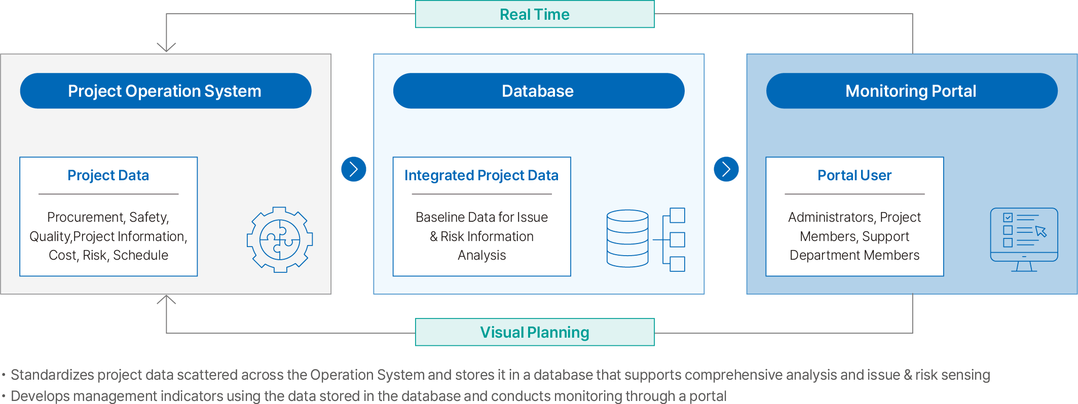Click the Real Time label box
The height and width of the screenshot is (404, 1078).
tap(535, 14)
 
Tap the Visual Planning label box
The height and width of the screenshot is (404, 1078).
tap(535, 332)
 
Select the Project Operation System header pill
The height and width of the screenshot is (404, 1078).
tap(166, 91)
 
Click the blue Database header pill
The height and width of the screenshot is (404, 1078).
tap(539, 91)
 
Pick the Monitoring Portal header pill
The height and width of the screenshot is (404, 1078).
tap(912, 91)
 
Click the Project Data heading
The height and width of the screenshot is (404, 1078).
tap(108, 175)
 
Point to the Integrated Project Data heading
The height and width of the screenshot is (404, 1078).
tap(481, 175)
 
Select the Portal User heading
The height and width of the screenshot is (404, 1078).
tap(854, 175)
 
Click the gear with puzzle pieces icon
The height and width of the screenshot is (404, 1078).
tap(280, 239)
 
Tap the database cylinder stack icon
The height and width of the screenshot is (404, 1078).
tap(627, 238)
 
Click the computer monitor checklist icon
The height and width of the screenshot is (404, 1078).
tap(1024, 239)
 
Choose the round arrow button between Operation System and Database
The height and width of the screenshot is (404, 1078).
tap(354, 169)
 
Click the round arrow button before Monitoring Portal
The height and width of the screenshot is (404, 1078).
tap(726, 169)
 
